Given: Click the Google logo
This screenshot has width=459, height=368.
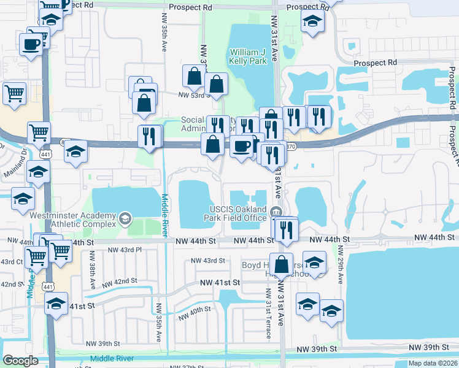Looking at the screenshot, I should pos(20,361).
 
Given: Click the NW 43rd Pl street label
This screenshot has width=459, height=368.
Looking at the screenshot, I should pos(125,250).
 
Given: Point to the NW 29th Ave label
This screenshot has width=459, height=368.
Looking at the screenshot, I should pos(341,265).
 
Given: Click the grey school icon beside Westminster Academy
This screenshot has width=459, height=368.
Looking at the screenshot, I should pos(125,218).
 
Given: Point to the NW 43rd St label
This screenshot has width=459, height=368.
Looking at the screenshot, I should pos(209,261).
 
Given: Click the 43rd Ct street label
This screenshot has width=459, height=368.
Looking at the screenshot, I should pos(11,262).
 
